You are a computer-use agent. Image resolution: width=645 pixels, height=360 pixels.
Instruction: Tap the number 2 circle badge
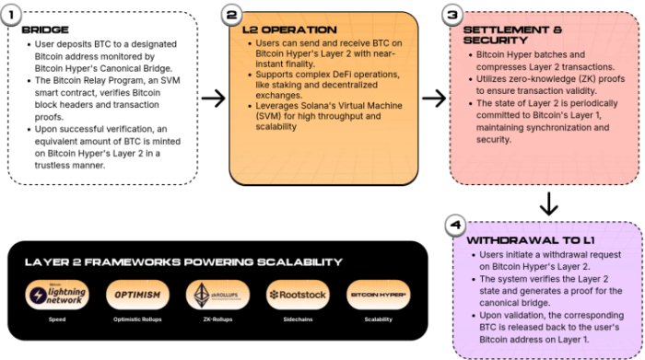pos(232,16)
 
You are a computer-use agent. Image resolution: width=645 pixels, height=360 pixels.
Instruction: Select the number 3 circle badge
pos(452,16)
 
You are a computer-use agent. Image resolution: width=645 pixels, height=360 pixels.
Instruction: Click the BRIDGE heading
pos(43,30)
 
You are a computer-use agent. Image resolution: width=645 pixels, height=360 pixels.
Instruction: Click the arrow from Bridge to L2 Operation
pos(213,98)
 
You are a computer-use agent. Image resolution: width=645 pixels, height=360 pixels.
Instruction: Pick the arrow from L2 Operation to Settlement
pos(433,98)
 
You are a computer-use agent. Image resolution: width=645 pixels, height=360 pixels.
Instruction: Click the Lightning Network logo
pos(56,295)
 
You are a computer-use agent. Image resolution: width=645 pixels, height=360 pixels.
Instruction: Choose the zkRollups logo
pos(215,295)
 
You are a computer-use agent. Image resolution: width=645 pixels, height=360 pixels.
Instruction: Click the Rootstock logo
pos(297,295)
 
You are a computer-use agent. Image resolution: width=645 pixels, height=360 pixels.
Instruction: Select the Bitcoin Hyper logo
pos(378,295)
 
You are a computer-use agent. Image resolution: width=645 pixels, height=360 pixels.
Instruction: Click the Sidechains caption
pos(297,319)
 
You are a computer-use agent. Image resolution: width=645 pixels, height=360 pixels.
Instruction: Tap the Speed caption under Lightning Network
pos(56,319)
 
